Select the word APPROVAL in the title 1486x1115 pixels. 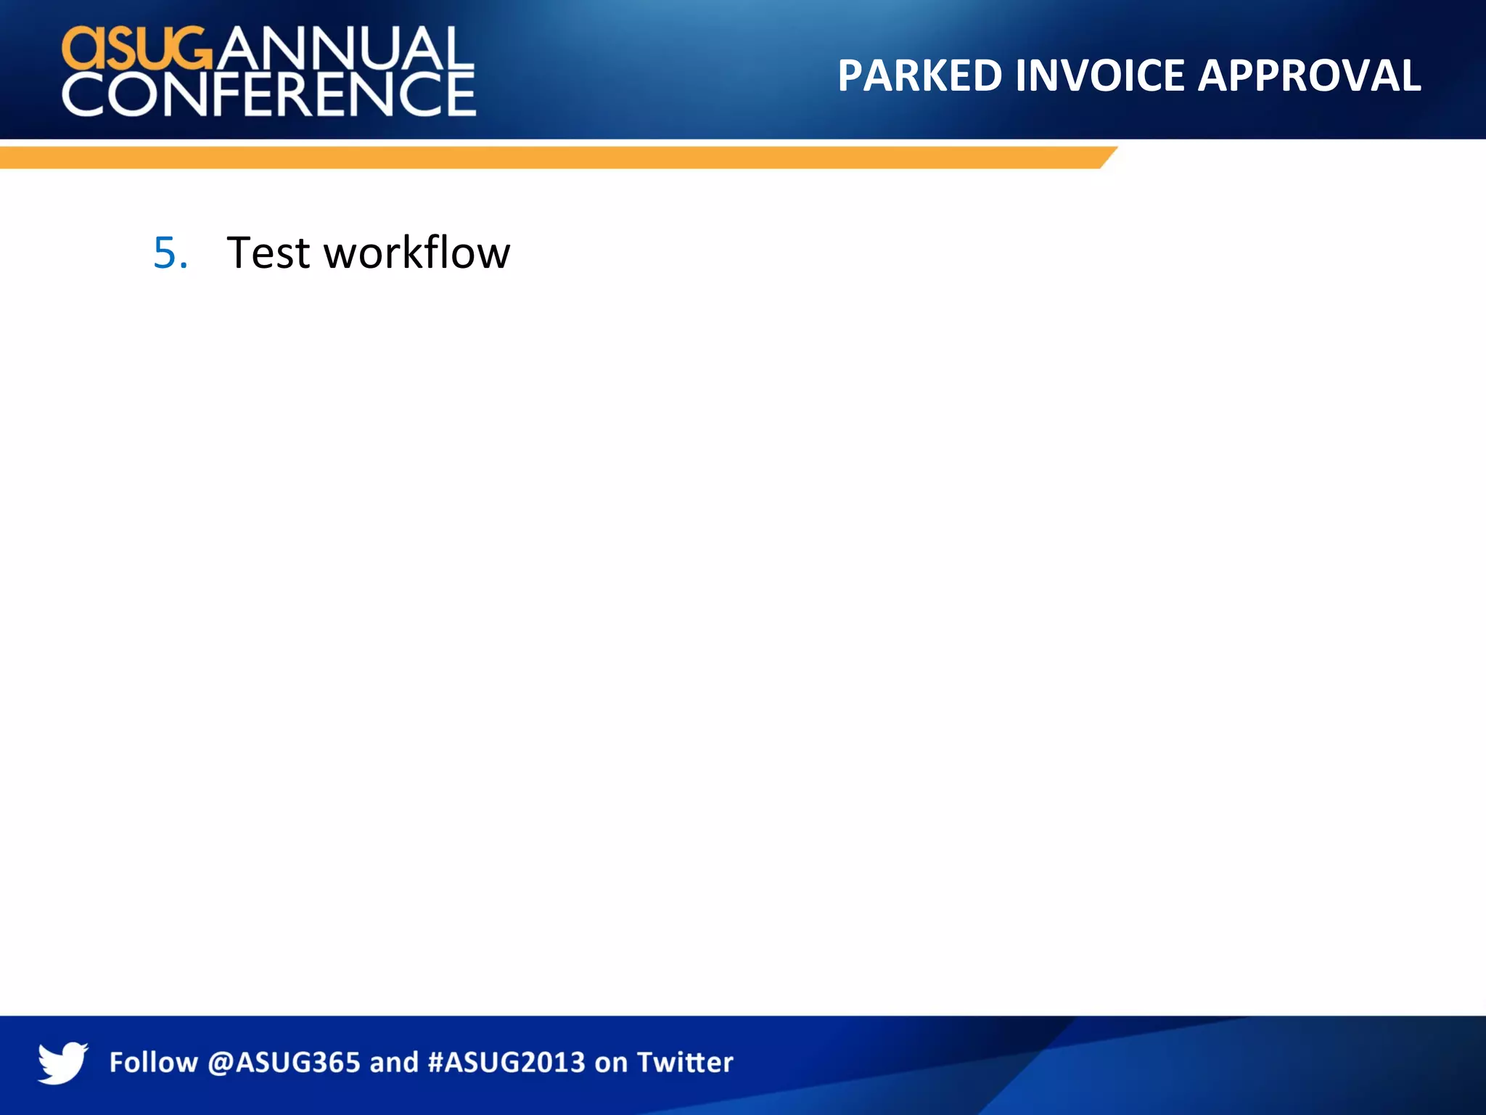(x=1309, y=75)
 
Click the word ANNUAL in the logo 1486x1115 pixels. (x=344, y=49)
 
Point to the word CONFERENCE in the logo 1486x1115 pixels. (x=268, y=94)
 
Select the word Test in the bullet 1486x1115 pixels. (x=268, y=253)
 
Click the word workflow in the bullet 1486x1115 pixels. (x=416, y=253)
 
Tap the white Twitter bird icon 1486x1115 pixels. (x=62, y=1062)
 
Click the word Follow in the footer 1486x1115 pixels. (x=153, y=1062)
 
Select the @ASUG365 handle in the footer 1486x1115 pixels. (x=284, y=1062)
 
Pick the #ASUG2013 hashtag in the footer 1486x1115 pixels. (x=506, y=1062)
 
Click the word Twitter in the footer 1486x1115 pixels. (x=685, y=1062)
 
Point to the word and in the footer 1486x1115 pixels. (x=394, y=1062)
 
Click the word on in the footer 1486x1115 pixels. (x=611, y=1062)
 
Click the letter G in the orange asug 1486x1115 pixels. (x=191, y=49)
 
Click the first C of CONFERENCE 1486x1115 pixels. (x=84, y=94)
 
